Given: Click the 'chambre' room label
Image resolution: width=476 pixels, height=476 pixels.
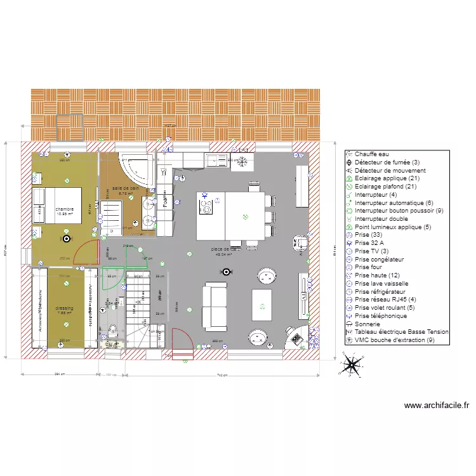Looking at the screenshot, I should coord(64,209).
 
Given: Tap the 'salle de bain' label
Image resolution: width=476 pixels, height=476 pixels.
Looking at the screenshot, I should coord(125,188).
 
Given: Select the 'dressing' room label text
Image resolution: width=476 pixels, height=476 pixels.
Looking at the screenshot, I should coord(65,308).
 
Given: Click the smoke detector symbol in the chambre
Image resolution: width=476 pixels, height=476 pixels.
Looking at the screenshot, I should coord(66,239).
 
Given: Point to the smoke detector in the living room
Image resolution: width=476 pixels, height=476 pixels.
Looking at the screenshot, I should coord(224,272).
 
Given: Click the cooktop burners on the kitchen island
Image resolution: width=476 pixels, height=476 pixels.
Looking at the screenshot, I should coord(206,206).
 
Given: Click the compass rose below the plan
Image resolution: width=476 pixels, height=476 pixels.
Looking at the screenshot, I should coord(352,366).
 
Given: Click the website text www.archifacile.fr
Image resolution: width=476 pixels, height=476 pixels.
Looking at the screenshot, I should coord(436,406).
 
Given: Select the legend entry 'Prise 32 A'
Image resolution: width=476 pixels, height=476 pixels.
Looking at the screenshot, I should coord(369,242).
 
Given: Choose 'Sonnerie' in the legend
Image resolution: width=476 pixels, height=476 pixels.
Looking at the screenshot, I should coord(367,323).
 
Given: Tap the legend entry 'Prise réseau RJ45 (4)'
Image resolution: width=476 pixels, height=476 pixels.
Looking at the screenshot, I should coord(385,299).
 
